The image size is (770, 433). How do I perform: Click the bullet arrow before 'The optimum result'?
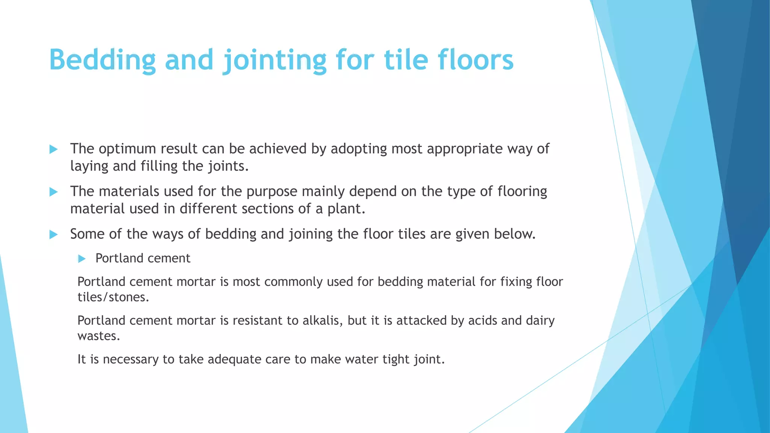point(53,149)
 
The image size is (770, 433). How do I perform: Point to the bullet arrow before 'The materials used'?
point(53,192)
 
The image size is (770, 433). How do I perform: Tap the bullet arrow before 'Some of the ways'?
point(53,235)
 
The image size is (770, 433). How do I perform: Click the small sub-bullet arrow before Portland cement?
point(82,259)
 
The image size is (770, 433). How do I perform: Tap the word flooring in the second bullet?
point(522,192)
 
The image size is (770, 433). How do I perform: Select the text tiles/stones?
point(113,297)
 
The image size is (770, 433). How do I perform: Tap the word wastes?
point(98,336)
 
